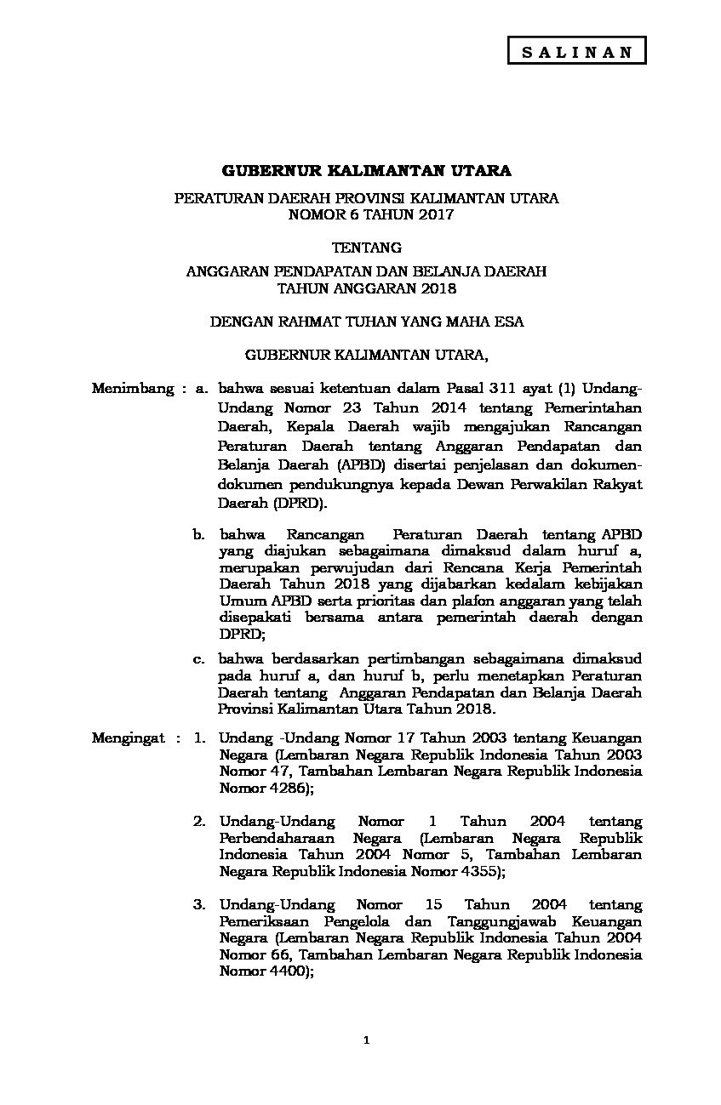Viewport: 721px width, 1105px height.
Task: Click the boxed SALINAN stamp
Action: [576, 51]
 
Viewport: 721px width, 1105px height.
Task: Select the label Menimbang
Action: [131, 389]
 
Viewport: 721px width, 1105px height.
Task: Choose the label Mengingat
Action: [128, 738]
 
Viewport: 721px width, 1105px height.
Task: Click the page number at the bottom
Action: [366, 1039]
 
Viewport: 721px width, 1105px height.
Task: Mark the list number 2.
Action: [199, 821]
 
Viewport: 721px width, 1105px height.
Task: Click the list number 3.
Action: [199, 904]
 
